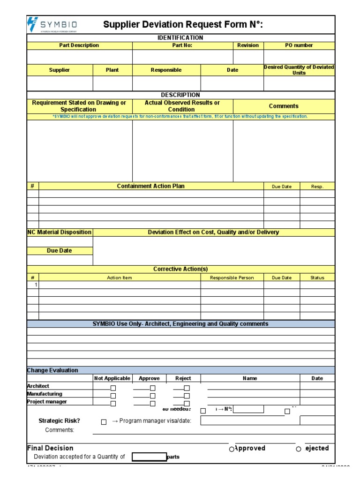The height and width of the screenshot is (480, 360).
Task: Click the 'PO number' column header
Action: coord(299,45)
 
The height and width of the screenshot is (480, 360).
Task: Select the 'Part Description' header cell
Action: coord(79,45)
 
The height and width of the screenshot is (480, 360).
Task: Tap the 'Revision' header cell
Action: coord(248,45)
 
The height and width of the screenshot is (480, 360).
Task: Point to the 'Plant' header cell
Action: coord(112,70)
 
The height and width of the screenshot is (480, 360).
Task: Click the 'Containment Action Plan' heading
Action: coord(150,186)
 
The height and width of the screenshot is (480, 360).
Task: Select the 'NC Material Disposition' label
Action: coord(60,232)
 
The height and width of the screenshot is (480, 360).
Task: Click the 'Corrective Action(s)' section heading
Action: coord(180,269)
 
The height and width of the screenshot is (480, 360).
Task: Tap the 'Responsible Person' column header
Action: coord(232,277)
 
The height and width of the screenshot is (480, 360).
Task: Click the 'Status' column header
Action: coord(317,277)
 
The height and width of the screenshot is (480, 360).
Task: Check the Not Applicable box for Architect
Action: coord(113,388)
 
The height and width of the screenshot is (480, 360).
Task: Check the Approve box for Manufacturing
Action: coord(153,396)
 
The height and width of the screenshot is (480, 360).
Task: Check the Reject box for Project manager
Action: coord(187,403)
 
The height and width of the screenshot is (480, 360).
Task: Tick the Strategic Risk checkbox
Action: coord(104,422)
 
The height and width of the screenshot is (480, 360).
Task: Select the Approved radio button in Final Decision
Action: coord(232,449)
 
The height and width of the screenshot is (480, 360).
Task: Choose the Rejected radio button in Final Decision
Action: coord(299,449)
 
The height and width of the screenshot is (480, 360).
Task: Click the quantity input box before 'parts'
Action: coord(149,457)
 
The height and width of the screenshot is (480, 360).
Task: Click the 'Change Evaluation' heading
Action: coord(52,370)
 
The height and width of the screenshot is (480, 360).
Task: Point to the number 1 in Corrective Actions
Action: coord(36,285)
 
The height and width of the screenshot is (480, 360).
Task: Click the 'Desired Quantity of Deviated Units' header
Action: coord(299,70)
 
